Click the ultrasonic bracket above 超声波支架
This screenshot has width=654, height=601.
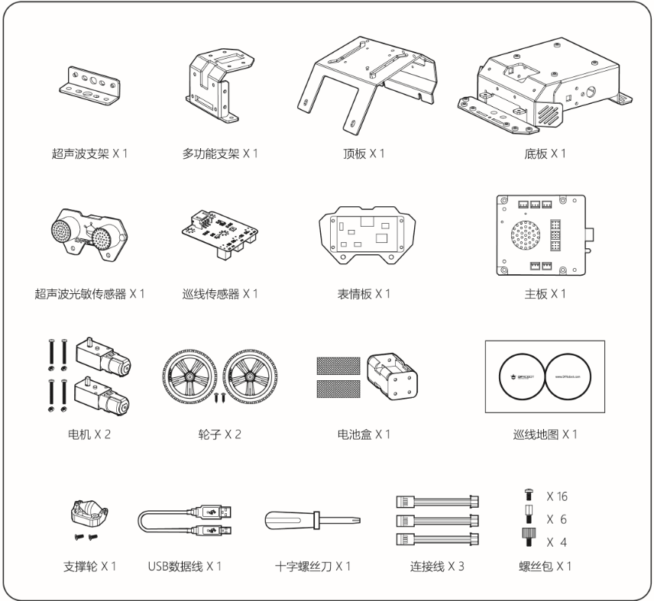point(88,86)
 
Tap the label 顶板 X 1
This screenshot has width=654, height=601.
point(361,153)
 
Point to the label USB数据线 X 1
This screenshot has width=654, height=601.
point(184,566)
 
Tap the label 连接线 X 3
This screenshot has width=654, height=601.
point(437,566)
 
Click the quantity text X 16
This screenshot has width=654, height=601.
point(557,496)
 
